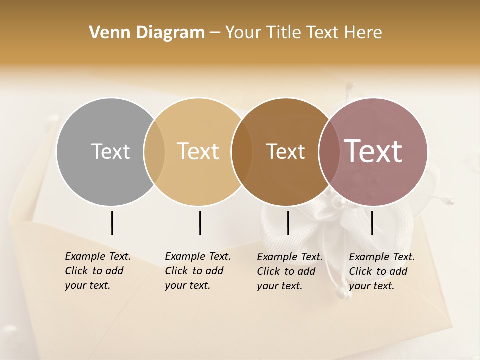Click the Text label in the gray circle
point(110,151)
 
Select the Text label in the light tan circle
point(198,151)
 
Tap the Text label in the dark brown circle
point(285,151)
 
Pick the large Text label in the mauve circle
point(373,151)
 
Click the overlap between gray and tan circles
point(154,151)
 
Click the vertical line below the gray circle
point(112,223)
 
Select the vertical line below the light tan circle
point(200,223)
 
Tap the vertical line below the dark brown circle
point(288,223)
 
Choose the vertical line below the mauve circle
point(372,223)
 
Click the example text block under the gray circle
point(98,271)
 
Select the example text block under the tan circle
point(198,271)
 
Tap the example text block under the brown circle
point(290,271)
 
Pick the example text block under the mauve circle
point(382,271)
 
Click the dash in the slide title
point(215,33)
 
